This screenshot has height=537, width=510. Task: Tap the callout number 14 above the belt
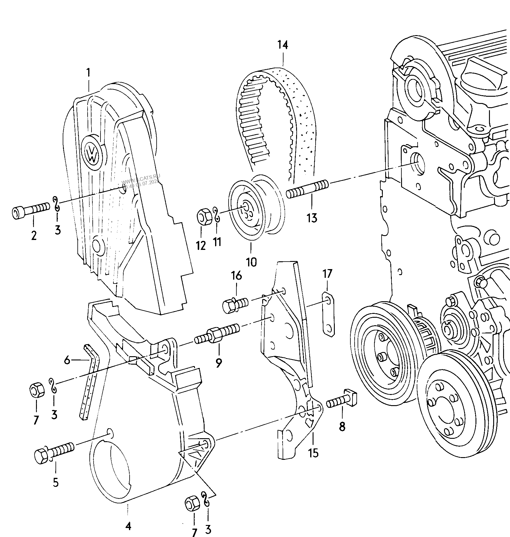(282, 45)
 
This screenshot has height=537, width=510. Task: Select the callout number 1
(88, 72)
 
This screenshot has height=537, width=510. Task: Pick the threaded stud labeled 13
(307, 188)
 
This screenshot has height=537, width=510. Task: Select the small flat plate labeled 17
(328, 314)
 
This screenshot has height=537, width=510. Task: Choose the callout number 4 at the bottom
(128, 526)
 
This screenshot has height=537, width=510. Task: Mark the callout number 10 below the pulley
(251, 262)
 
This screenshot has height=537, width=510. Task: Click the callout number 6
(67, 360)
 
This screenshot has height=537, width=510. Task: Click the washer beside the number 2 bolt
(56, 204)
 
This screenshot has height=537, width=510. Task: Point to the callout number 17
(327, 274)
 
